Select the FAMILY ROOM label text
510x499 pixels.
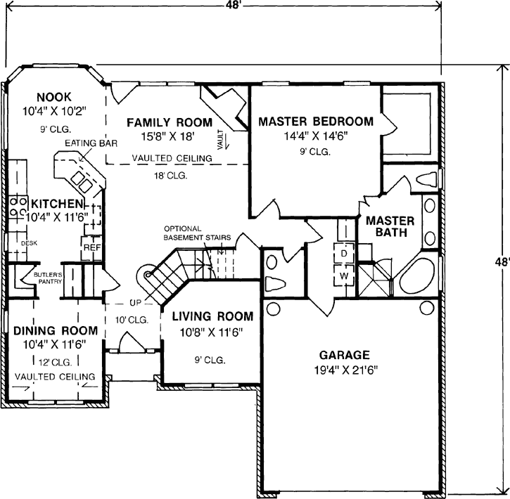169,123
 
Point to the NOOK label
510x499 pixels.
55,96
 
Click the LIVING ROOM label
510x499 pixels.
209,316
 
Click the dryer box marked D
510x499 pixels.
345,252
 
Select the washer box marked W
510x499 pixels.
345,276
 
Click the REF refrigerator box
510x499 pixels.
91,247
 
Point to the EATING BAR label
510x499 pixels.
84,143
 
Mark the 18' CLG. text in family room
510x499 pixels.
170,175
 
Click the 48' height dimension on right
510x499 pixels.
500,261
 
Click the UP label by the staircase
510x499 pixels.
136,303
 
